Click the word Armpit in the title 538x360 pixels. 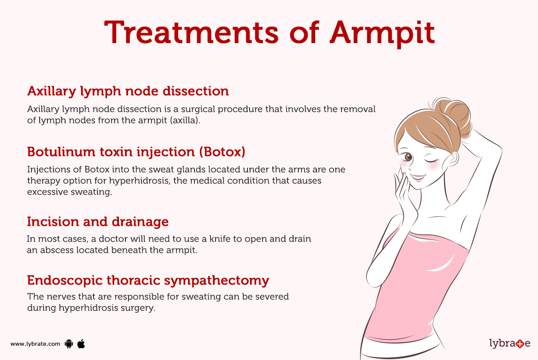pyautogui.click(x=382, y=32)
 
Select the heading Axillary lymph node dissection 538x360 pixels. pyautogui.click(x=128, y=91)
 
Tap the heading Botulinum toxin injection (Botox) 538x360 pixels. pyautogui.click(x=136, y=152)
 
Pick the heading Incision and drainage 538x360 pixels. pyautogui.click(x=97, y=222)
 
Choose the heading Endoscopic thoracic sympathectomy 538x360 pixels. pyautogui.click(x=148, y=280)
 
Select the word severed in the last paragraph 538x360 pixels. pyautogui.click(x=272, y=297)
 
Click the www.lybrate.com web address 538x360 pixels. pyautogui.click(x=35, y=344)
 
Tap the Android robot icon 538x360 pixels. pyautogui.click(x=69, y=344)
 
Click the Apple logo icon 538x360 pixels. pyautogui.click(x=81, y=344)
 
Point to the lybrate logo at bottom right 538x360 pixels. pyautogui.click(x=510, y=344)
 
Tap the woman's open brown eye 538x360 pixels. pyautogui.click(x=407, y=157)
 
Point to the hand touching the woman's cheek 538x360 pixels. pyautogui.click(x=405, y=196)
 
